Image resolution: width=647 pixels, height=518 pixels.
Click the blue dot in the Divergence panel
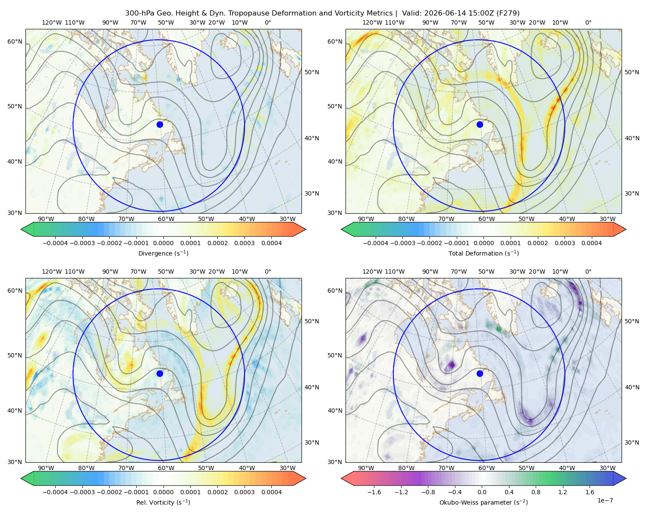click(x=160, y=124)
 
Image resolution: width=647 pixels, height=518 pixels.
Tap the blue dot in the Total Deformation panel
click(x=480, y=124)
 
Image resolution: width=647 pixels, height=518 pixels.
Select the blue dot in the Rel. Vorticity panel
click(x=160, y=373)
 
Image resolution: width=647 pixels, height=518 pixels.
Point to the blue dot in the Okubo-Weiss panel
click(x=480, y=373)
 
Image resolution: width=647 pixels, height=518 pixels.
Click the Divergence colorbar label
click(x=163, y=253)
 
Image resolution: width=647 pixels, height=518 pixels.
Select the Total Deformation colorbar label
click(x=484, y=253)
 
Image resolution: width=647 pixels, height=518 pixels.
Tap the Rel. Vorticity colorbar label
click(x=163, y=502)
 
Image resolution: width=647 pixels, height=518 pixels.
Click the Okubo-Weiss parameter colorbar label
click(x=484, y=502)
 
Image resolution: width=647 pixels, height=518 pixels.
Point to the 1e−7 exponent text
click(x=605, y=500)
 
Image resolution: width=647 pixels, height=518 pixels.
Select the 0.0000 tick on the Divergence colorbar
click(x=163, y=243)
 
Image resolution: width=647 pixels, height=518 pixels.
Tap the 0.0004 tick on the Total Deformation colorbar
click(x=591, y=243)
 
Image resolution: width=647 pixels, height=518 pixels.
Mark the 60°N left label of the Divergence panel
click(x=15, y=41)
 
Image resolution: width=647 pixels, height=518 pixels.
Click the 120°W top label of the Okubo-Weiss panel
click(x=372, y=272)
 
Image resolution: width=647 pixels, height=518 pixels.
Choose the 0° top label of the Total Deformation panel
click(x=588, y=22)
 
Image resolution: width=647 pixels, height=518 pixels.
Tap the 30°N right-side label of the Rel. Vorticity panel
click(x=311, y=442)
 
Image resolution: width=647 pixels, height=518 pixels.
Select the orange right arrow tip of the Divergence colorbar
click(x=305, y=229)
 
